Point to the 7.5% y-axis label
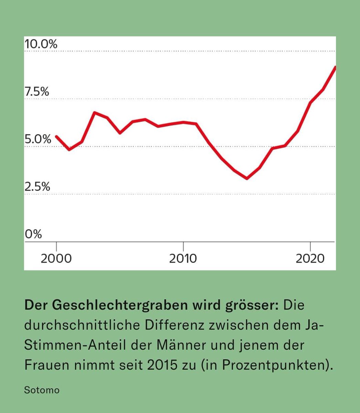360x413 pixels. click(37, 92)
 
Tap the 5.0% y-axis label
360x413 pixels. click(38, 139)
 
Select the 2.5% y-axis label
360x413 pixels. click(37, 187)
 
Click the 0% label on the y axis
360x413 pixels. click(33, 234)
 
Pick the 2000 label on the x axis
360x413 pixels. click(56, 258)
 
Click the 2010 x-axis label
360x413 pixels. click(183, 258)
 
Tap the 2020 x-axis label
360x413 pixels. click(310, 258)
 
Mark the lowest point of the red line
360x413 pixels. click(247, 178)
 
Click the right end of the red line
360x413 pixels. click(335, 67)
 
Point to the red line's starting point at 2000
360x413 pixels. click(56, 137)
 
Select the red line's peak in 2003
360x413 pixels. click(95, 113)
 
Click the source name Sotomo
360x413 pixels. click(42, 390)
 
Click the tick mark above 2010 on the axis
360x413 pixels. click(183, 246)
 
